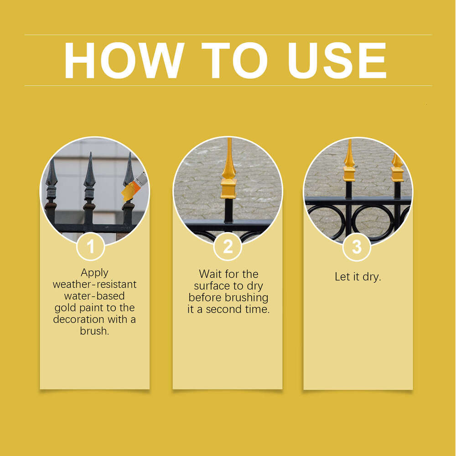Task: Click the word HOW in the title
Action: pos(124,61)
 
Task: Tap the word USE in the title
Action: pos(337,61)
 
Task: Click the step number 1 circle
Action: pos(91,246)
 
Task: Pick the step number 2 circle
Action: pos(228,246)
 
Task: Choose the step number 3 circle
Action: pos(357,247)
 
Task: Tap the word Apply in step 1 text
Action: pos(94,273)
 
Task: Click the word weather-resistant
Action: pos(94,285)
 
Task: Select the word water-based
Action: pos(94,296)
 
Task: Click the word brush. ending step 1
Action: pos(94,331)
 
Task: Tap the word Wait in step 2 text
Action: pos(210,274)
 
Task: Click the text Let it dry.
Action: pos(358,277)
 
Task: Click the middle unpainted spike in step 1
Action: pos(89,182)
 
